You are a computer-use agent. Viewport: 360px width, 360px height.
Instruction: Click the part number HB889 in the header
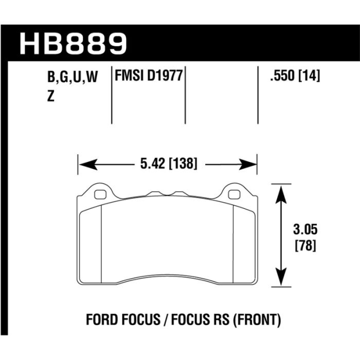point(72,44)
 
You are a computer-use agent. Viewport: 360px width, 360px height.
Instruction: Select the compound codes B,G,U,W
point(71,78)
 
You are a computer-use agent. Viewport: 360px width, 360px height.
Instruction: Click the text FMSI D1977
point(148,77)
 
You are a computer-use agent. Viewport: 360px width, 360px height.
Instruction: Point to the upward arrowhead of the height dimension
point(280,190)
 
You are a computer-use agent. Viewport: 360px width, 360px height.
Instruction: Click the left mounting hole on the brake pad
point(101,194)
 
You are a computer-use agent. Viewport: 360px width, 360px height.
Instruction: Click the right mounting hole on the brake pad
point(233,194)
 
